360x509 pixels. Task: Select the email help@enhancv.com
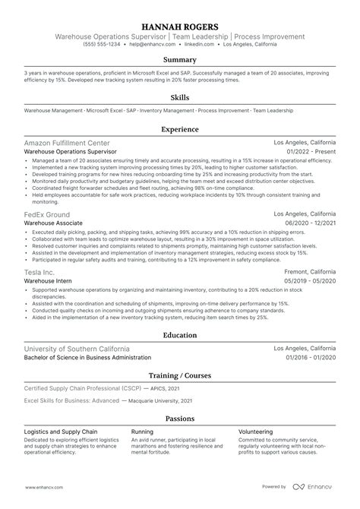(x=147, y=44)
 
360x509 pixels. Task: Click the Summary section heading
(x=180, y=59)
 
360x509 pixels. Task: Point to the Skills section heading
(x=180, y=98)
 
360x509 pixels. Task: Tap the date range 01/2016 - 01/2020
(x=311, y=357)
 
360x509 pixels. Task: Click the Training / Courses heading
(x=180, y=376)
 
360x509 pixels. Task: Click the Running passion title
(x=142, y=431)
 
